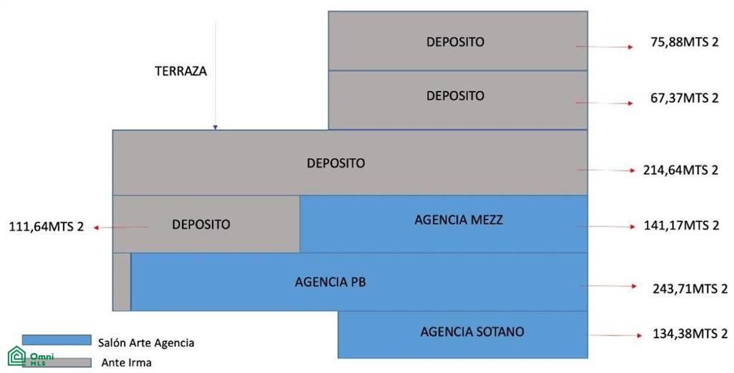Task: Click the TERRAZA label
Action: [181, 71]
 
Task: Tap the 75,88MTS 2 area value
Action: [684, 42]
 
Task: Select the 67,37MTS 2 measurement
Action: [684, 98]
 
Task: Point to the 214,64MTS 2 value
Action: [680, 170]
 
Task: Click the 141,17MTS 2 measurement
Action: [681, 225]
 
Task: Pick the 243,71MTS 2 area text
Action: [690, 288]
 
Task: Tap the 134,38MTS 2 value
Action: [690, 334]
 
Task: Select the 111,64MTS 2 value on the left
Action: [47, 227]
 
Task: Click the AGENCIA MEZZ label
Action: [459, 219]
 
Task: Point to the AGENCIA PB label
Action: [330, 282]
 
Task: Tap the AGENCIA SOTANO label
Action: [472, 332]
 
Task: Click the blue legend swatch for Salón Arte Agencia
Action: [57, 340]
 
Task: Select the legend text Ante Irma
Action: [126, 363]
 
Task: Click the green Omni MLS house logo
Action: [17, 356]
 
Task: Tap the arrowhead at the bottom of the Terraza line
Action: [215, 127]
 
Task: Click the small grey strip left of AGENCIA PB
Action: [122, 282]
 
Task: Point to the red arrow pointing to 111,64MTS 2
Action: [120, 227]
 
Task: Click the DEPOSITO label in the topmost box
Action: [455, 42]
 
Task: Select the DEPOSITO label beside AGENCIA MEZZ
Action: [201, 225]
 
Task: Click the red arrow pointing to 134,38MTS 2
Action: [616, 336]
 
